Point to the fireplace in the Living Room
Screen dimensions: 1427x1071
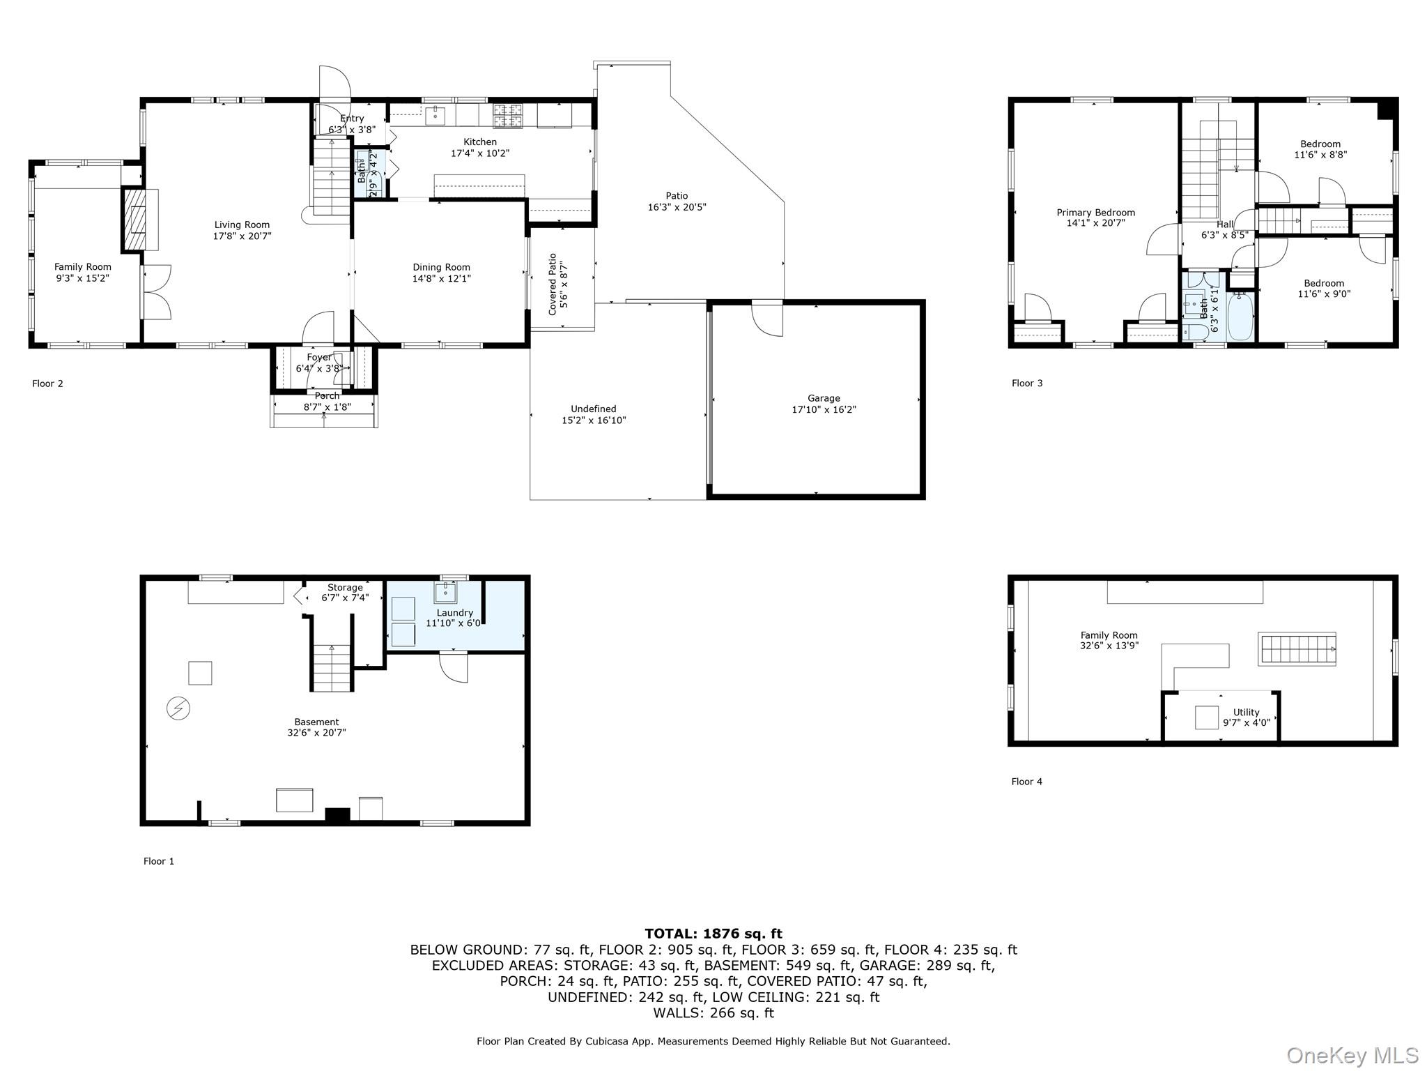click(x=136, y=219)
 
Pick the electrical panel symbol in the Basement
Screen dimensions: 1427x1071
click(x=178, y=709)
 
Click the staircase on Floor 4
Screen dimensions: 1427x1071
click(x=1297, y=648)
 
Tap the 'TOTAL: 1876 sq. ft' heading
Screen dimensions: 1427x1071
click(x=713, y=934)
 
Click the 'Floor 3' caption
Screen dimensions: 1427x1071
click(x=1027, y=383)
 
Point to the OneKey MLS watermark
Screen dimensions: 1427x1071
click(x=1352, y=1056)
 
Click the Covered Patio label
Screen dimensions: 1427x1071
click(x=553, y=284)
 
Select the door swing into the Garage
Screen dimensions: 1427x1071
click(x=767, y=318)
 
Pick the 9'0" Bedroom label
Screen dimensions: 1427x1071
click(x=1324, y=289)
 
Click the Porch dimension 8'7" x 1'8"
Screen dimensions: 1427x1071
click(x=327, y=407)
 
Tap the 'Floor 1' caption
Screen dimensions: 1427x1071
click(x=159, y=861)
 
